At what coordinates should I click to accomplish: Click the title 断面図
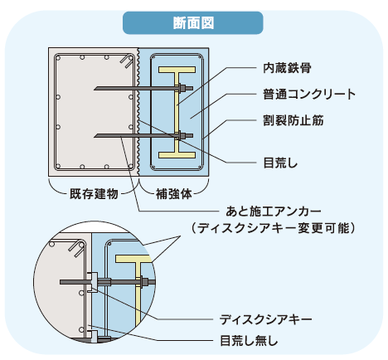(x=193, y=23)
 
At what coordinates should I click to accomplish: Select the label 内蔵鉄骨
(x=287, y=68)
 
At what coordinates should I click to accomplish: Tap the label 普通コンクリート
(x=309, y=95)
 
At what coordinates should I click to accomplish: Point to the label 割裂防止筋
(x=293, y=120)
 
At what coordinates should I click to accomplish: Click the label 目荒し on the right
(x=280, y=163)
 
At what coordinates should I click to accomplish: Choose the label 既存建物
(x=94, y=194)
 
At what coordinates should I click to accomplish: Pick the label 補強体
(x=173, y=194)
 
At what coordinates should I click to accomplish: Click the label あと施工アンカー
(x=274, y=212)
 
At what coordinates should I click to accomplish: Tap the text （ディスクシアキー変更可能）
(x=273, y=228)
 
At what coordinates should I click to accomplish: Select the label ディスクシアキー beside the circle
(x=265, y=319)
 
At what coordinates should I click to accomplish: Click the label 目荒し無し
(x=249, y=341)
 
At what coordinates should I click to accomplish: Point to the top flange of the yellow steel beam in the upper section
(x=177, y=70)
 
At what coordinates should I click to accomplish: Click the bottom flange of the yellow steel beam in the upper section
(x=177, y=155)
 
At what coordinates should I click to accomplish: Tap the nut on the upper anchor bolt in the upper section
(x=182, y=89)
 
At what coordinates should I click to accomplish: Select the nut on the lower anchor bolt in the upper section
(x=182, y=135)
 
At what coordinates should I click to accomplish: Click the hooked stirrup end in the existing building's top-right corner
(x=127, y=61)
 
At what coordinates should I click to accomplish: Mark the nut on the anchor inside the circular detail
(x=144, y=282)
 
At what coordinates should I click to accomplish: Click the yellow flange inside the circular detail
(x=133, y=259)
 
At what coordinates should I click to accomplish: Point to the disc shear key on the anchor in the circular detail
(x=94, y=282)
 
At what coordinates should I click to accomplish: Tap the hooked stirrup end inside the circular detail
(x=77, y=249)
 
